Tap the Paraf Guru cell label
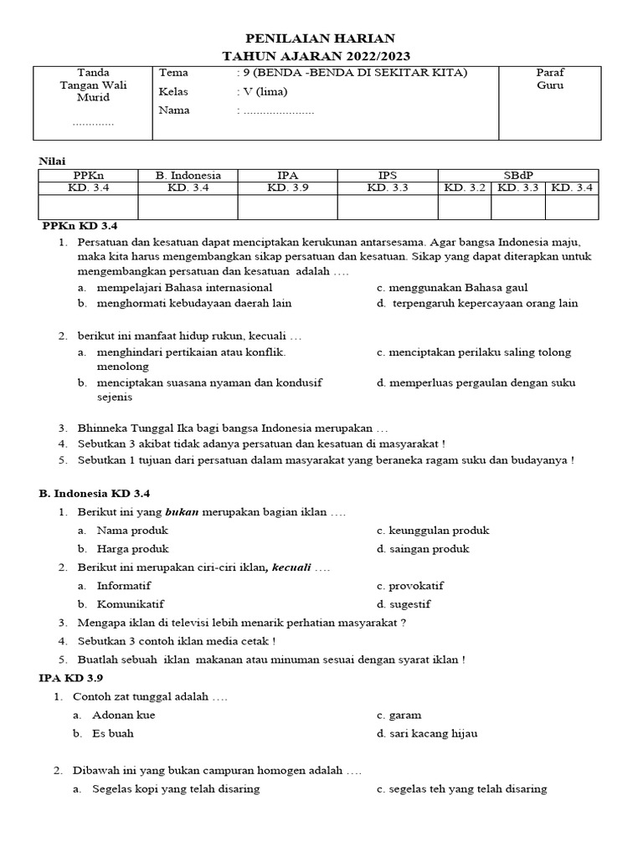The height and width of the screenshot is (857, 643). pyautogui.click(x=550, y=79)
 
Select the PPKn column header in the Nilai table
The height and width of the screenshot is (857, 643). pyautogui.click(x=87, y=175)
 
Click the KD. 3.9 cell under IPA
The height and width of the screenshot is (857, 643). pyautogui.click(x=287, y=188)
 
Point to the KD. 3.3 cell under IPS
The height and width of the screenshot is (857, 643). pyautogui.click(x=387, y=188)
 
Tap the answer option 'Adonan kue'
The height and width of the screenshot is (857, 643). pyautogui.click(x=126, y=716)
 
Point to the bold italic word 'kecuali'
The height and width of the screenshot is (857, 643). pyautogui.click(x=290, y=568)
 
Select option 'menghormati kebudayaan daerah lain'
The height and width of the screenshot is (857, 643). pyautogui.click(x=194, y=304)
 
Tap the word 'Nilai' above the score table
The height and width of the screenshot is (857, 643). pyautogui.click(x=52, y=160)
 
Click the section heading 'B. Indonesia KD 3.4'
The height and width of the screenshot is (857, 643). pyautogui.click(x=94, y=493)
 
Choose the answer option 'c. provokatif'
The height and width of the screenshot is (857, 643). pyautogui.click(x=409, y=586)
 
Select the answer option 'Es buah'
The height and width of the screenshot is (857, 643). pyautogui.click(x=115, y=734)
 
